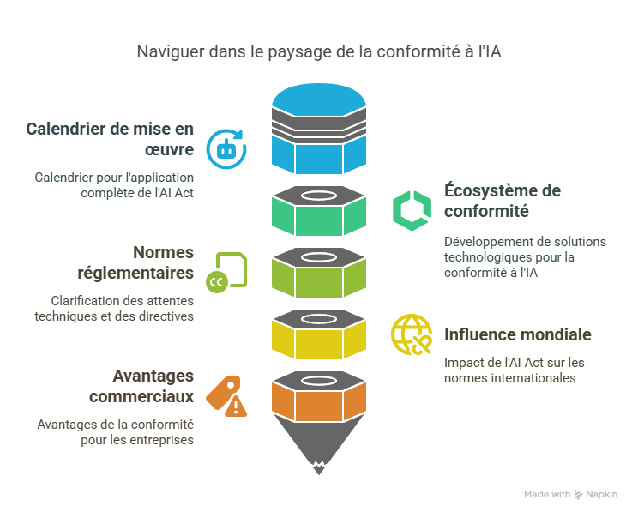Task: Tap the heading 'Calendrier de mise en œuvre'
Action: tap(110, 140)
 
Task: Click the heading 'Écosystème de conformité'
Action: tap(502, 201)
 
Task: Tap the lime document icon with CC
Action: tap(226, 271)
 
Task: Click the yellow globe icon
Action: tap(412, 334)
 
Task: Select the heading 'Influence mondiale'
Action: tap(517, 334)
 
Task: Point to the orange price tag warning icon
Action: tap(226, 395)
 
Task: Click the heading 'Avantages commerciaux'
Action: tap(141, 387)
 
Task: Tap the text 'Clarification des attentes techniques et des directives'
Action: tap(114, 308)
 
